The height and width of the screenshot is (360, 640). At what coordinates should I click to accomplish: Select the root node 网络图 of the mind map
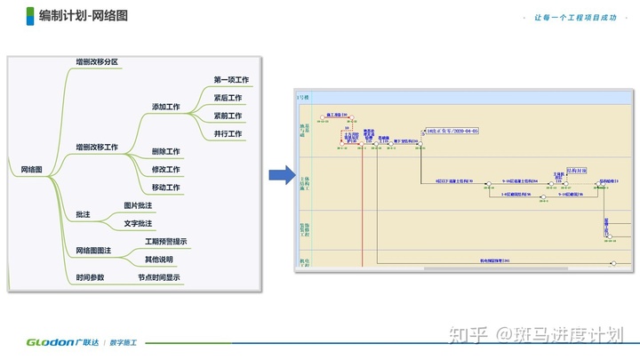32,169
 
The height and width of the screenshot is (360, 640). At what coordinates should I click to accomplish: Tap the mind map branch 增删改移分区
97,62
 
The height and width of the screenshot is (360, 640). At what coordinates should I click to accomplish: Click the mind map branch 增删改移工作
97,147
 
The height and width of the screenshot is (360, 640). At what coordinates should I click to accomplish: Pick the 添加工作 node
165,107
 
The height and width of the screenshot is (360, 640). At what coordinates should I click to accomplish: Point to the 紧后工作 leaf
228,98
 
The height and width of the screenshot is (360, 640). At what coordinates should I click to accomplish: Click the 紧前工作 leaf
228,116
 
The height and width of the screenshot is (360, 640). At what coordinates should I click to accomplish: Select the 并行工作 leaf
228,133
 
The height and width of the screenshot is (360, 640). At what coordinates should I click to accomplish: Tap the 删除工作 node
165,152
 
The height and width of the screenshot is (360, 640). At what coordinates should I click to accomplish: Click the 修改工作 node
165,170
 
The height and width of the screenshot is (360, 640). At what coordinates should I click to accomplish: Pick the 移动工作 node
165,188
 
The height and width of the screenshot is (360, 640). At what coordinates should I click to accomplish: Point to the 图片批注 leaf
138,205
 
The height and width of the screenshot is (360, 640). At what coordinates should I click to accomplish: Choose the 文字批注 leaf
138,223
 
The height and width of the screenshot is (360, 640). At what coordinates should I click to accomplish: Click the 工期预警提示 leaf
165,242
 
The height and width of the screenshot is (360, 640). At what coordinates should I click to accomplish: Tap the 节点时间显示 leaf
159,277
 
